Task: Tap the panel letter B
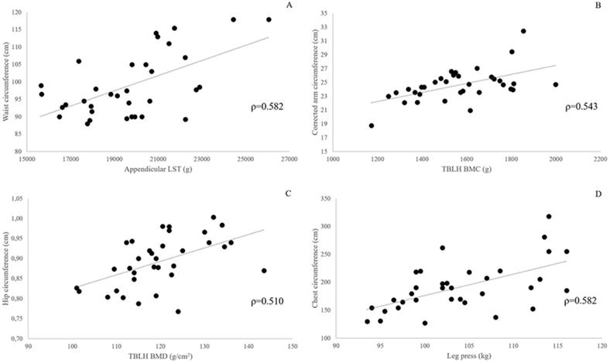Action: (598, 7)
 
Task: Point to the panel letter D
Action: (598, 193)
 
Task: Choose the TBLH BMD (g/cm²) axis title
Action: (159, 358)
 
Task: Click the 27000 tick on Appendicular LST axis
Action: (290, 159)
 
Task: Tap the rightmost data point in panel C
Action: (264, 271)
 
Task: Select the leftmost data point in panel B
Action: (372, 125)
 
